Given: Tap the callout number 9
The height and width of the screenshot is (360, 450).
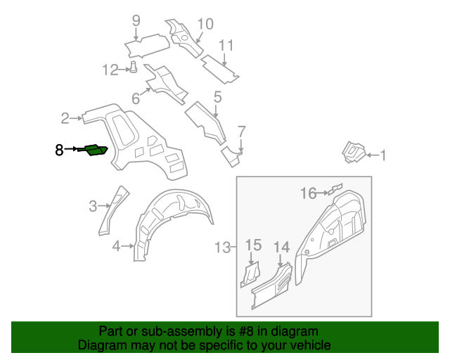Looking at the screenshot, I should click(x=136, y=20).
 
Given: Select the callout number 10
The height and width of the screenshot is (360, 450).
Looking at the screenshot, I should click(x=204, y=24).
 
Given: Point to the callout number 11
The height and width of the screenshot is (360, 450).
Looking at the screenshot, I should click(x=225, y=46).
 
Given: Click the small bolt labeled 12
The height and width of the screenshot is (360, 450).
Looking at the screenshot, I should click(x=132, y=67).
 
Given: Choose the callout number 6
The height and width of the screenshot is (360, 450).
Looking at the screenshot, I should click(x=135, y=99).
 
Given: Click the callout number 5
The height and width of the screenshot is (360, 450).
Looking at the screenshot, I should click(x=217, y=97).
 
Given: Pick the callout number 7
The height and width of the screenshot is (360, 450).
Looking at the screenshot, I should click(x=241, y=131).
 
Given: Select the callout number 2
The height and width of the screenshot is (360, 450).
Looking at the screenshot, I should click(x=65, y=118).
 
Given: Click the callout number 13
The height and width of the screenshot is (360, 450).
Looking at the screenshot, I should click(x=222, y=247).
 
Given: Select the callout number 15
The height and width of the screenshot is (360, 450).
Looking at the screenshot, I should click(x=253, y=245).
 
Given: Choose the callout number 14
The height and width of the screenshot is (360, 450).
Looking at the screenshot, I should click(x=281, y=246).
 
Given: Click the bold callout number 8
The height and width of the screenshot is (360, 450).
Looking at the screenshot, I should click(x=59, y=149).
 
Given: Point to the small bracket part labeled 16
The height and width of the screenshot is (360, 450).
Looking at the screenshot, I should click(x=335, y=188).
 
